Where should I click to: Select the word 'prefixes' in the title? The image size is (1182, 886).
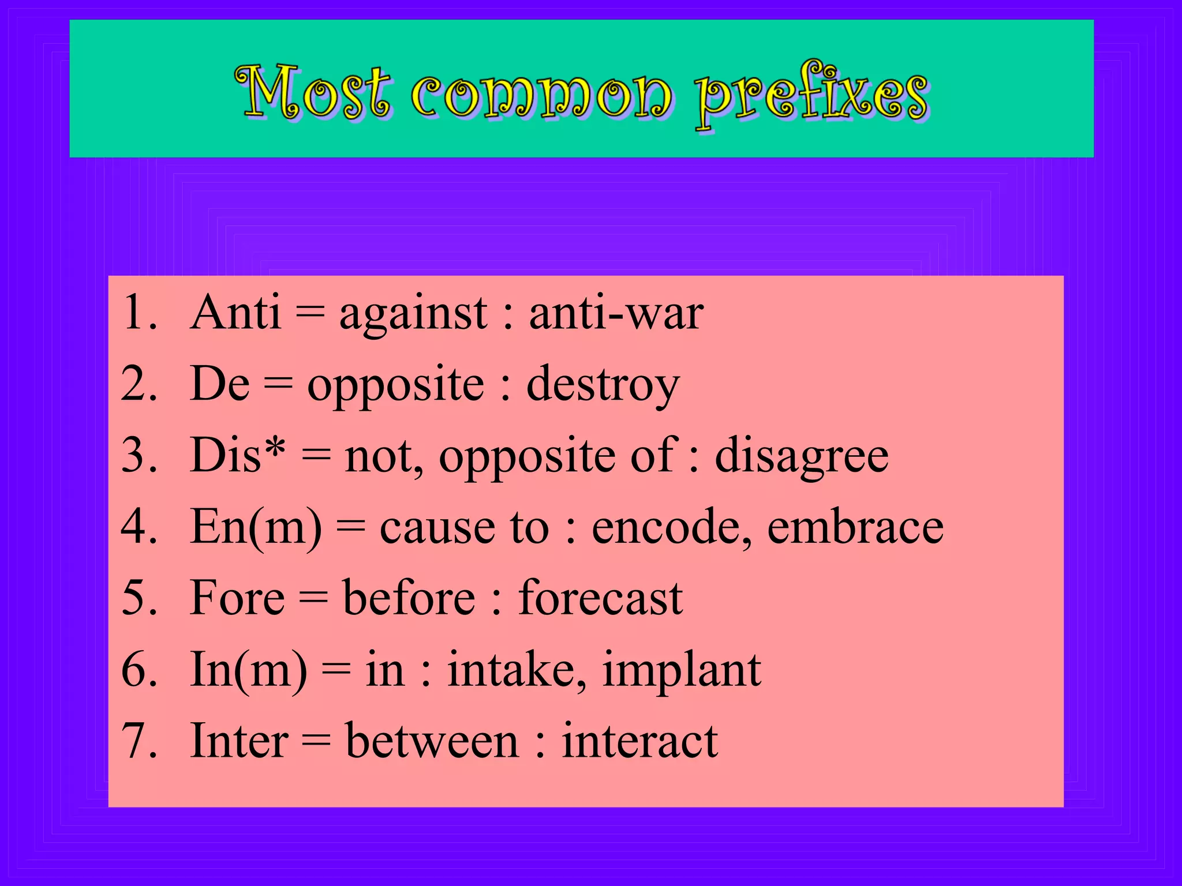coord(811,95)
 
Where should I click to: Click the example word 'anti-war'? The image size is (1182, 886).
coord(616,313)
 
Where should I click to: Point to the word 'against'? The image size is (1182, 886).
coord(413,314)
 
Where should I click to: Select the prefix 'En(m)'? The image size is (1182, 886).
coord(256,527)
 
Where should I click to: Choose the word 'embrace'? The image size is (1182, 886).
coord(855,527)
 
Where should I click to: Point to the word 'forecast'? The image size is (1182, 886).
coord(600,598)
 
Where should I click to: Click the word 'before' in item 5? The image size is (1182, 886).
coord(409,598)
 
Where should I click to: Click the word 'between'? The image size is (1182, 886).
coord(431,741)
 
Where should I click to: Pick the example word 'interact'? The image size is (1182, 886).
coord(639,741)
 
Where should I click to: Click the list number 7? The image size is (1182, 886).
coord(139,741)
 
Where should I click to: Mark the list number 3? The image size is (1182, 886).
coord(139,456)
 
